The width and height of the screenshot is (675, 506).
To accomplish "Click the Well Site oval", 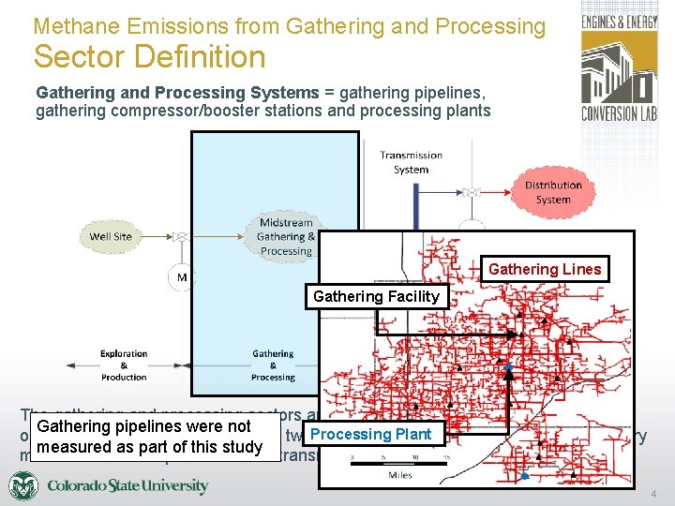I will click(x=111, y=236).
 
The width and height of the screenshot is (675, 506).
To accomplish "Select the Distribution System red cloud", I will click(x=553, y=192).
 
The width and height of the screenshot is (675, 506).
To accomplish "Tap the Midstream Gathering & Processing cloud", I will click(x=286, y=237).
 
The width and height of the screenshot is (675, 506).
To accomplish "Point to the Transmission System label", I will click(x=411, y=162).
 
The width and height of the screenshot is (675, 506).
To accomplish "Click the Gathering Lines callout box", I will click(x=545, y=270).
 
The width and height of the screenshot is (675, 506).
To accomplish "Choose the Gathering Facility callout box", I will click(x=376, y=296).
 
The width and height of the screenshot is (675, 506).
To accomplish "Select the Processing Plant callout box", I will click(x=371, y=434).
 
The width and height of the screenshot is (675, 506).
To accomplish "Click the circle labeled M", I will click(x=181, y=277).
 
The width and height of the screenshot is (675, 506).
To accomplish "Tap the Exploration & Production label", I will click(x=124, y=365).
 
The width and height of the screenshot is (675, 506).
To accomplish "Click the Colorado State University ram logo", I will click(x=23, y=486).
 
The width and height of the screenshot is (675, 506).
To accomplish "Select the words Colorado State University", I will click(x=127, y=486).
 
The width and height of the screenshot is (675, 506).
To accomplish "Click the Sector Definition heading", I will click(x=150, y=57).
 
